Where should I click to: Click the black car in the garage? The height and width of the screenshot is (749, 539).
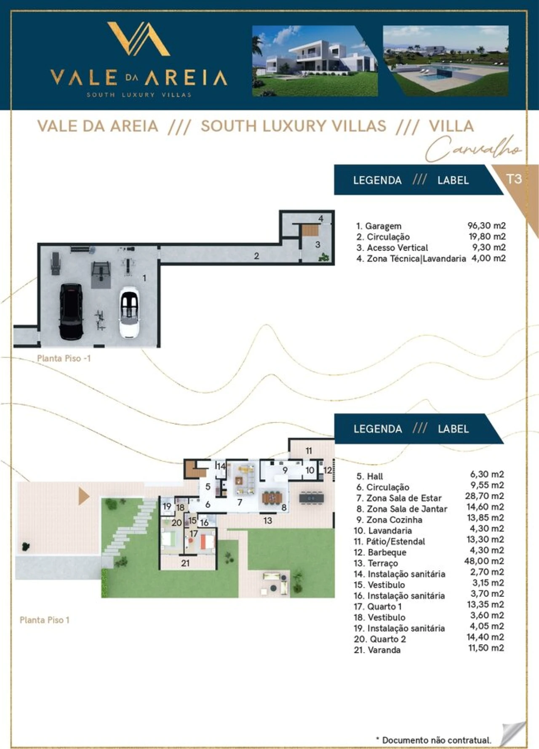tap(71, 311)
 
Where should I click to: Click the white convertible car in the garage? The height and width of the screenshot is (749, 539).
tap(129, 313)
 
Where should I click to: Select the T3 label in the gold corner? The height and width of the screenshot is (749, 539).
tap(514, 179)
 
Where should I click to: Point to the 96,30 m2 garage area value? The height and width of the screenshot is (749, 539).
tap(486, 226)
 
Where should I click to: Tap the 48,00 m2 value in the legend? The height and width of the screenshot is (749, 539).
tap(484, 561)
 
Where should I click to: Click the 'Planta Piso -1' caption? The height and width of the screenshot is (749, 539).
tap(64, 359)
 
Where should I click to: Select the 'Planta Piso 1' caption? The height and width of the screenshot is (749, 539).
tap(45, 620)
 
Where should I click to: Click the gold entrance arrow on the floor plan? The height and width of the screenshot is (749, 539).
tap(84, 497)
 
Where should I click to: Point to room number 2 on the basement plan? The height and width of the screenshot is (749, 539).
tap(256, 256)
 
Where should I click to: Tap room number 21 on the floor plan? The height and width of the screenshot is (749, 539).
tap(185, 563)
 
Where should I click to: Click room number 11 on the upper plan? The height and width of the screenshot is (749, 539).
tap(309, 451)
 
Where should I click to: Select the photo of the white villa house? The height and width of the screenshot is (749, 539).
tap(315, 61)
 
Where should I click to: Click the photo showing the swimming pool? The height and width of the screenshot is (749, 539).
tap(446, 61)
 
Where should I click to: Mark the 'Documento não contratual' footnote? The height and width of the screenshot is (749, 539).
tap(433, 740)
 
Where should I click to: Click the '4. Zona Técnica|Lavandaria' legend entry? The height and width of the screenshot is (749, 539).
tap(411, 258)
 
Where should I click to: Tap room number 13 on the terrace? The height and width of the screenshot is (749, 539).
tap(268, 521)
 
